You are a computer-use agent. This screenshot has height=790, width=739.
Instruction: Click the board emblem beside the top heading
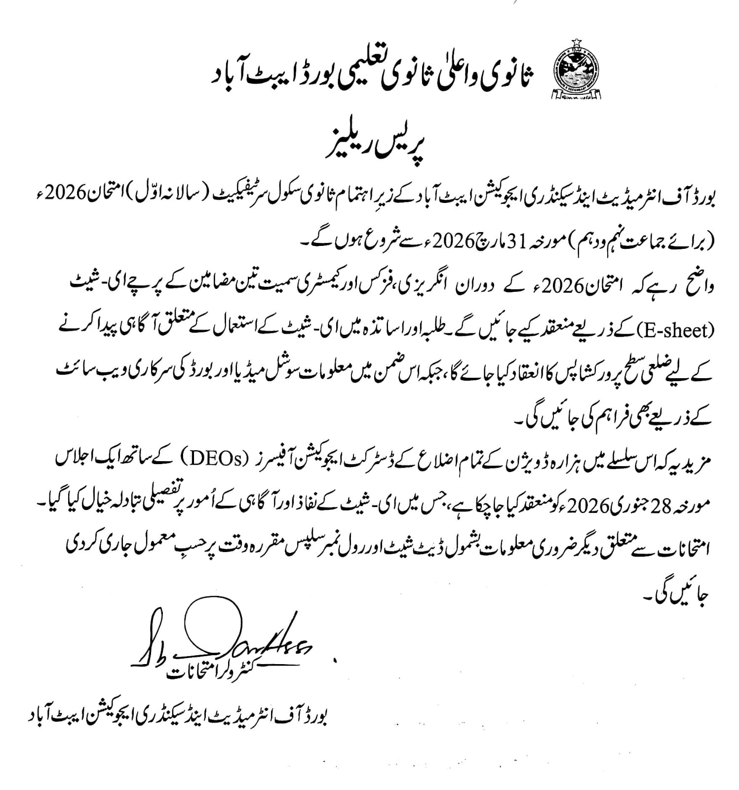575,71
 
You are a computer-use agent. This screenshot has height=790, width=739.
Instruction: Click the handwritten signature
222,637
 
